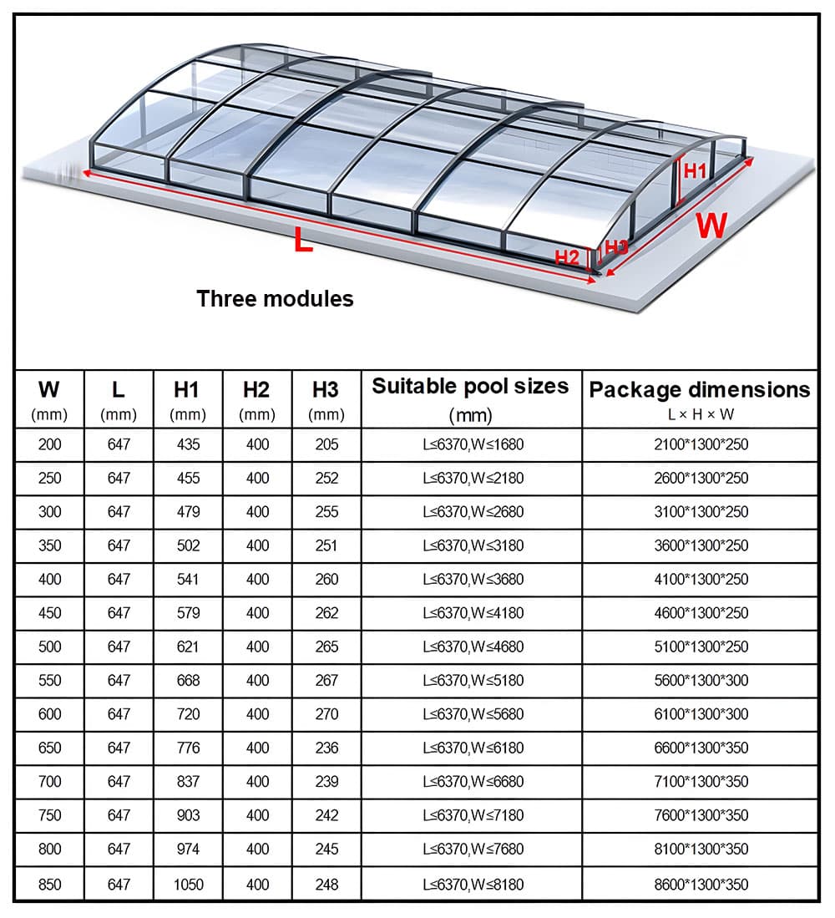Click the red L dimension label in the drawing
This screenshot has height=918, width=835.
pos(302,241)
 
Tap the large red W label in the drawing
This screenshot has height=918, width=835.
pos(711,226)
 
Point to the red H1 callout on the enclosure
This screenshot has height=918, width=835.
pos(695,171)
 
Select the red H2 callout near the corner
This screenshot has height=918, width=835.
pos(567,257)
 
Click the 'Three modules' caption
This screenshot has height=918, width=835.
pos(275,298)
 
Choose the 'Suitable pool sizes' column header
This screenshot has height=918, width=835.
pos(471,387)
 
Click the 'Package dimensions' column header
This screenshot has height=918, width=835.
pos(700,390)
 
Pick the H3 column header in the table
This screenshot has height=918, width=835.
pos(326,389)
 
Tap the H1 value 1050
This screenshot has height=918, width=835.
pos(188,883)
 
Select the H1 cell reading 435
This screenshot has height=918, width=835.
pos(188,444)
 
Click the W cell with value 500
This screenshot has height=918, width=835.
pos(50,647)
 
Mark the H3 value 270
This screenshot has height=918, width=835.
pos(326,714)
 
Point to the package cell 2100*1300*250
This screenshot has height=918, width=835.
pos(701,444)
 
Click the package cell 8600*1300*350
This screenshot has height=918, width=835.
pos(701,883)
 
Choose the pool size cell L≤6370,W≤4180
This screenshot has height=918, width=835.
pos(473,613)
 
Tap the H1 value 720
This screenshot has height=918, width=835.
pos(188,714)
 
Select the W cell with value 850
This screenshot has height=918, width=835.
pos(50,883)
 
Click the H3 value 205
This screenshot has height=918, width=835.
pos(326,444)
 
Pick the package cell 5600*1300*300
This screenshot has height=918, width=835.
pos(701,681)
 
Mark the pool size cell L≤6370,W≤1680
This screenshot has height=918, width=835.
pos(473,444)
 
